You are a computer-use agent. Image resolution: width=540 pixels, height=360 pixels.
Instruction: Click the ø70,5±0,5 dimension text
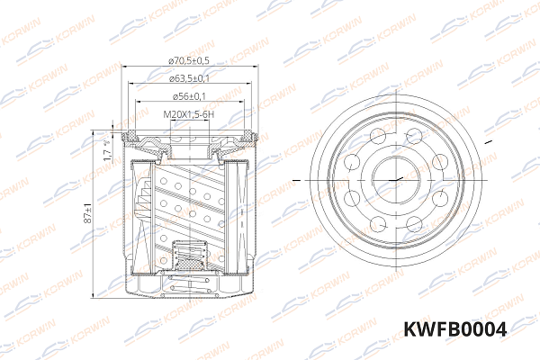(x=189, y=60)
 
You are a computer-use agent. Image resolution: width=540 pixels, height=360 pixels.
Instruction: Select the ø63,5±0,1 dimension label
(x=189, y=78)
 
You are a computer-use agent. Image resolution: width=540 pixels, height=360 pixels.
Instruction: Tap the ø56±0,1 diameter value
(x=189, y=96)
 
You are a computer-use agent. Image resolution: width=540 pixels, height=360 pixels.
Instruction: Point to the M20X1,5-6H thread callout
(x=189, y=114)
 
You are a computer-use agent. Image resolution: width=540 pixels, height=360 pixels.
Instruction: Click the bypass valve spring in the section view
(x=189, y=262)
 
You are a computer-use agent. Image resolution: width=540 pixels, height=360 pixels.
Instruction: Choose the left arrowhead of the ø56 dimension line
(x=138, y=103)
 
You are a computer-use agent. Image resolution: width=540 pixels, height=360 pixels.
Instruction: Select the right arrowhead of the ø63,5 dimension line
(x=248, y=85)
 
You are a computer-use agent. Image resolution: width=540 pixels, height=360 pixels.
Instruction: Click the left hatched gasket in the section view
(x=136, y=140)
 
